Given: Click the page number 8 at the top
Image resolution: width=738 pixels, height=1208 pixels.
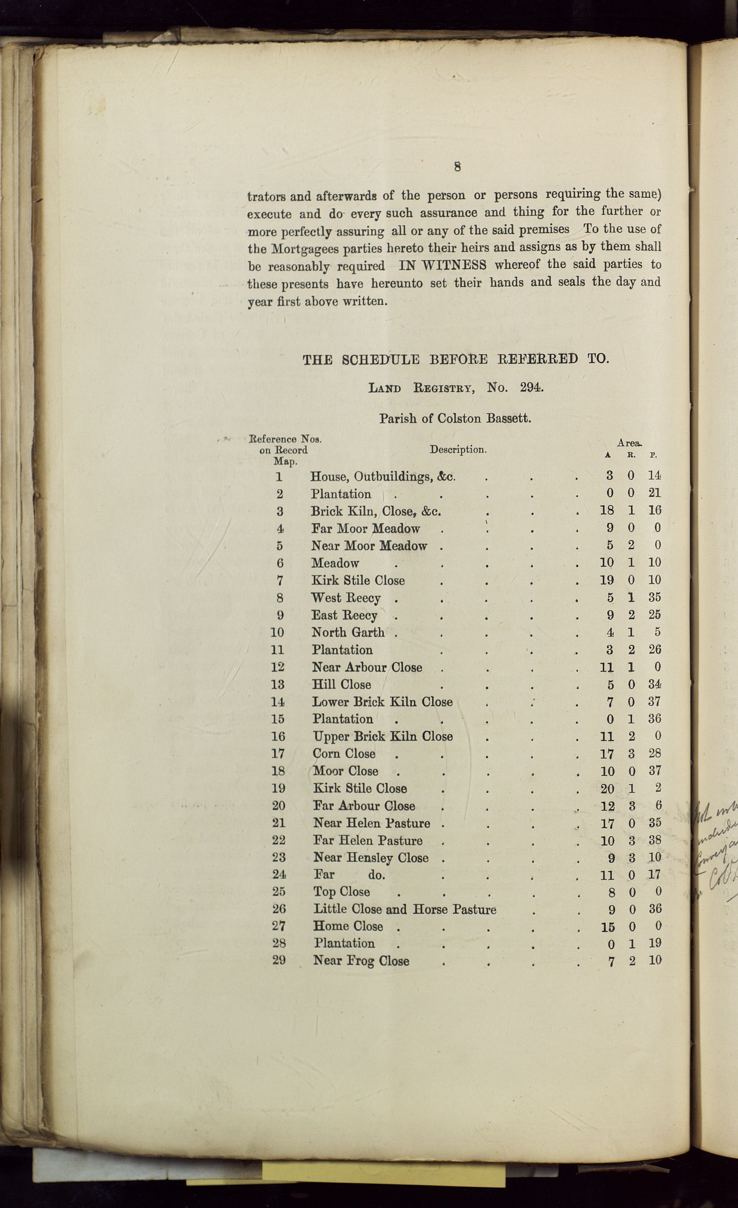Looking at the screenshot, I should pos(457,167).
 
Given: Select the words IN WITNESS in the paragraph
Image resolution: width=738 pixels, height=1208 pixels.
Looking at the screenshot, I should pos(442,265).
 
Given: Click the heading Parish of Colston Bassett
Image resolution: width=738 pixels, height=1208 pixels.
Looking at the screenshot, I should pos(455,419).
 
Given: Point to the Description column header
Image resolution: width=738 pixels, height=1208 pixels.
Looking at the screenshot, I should pos(458,449).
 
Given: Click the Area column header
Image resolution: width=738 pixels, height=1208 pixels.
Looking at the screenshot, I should pos(630,443).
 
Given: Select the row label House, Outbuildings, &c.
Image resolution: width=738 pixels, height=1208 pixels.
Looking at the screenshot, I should pos(383,476).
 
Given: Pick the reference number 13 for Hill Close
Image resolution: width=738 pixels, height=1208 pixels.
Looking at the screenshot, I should pos(278,685).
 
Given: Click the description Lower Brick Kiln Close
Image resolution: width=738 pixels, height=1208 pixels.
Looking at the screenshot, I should pos(382,702).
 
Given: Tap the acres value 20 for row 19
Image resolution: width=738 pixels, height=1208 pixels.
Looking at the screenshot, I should pos(607,788).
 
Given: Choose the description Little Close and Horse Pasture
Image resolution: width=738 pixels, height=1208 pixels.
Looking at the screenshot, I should pos(405,909).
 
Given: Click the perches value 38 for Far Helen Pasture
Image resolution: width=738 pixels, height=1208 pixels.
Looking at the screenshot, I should pos(654,840).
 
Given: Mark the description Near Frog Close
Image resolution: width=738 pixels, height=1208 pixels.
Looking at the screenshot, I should pos(361,961).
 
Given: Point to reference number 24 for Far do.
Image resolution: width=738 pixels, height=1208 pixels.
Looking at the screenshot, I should pos(279,874).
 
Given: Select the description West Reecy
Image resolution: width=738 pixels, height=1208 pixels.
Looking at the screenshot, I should pos(346,598).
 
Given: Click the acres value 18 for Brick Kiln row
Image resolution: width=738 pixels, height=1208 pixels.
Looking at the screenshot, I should pos(607,511).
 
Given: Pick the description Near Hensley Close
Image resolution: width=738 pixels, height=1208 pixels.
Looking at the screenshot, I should pos(370,858).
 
